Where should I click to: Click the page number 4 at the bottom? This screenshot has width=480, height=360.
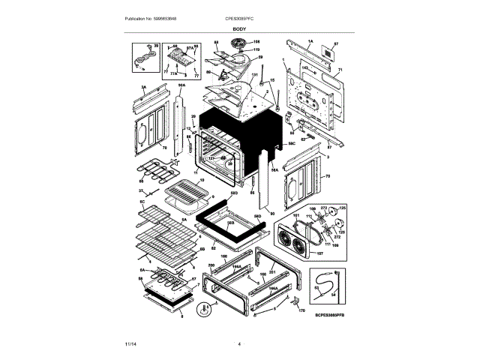coord(239,344)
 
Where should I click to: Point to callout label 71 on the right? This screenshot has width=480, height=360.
coord(339,70)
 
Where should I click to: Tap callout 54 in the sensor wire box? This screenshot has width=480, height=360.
coord(332,295)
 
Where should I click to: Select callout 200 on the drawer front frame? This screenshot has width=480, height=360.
coord(211,265)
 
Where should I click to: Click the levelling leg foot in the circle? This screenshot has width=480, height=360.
coord(202,308)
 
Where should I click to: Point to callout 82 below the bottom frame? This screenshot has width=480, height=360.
coord(213,247)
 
